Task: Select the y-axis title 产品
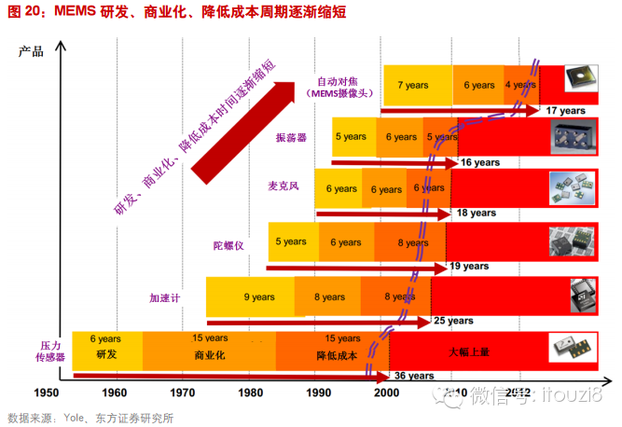pos(31,51)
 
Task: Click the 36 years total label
pos(414,377)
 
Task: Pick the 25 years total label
pos(454,321)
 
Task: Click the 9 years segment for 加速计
pos(259,297)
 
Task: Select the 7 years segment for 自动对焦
pos(412,85)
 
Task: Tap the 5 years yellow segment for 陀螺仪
pos(290,241)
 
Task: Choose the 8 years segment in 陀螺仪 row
pos(412,242)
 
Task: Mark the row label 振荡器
pos(291,137)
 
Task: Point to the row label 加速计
pos(164,298)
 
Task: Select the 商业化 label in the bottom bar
pos(211,356)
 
